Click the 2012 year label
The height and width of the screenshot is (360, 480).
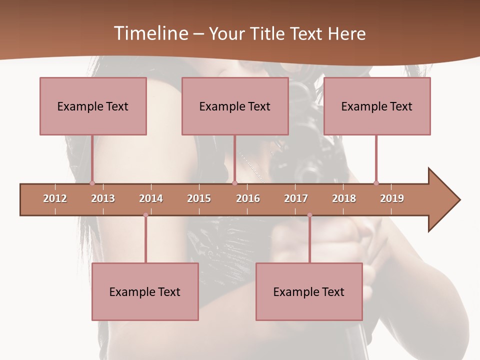(55, 198)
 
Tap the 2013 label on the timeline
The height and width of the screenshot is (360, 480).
(103, 198)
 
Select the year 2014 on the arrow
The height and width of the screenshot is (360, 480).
(151, 198)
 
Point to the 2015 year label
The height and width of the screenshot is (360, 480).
(199, 198)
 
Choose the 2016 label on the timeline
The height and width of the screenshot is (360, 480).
(248, 198)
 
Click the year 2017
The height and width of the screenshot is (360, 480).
(296, 198)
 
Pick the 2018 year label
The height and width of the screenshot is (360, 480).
(344, 198)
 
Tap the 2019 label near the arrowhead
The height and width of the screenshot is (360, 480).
(392, 198)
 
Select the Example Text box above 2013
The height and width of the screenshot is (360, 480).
(93, 106)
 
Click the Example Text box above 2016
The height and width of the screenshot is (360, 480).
(235, 106)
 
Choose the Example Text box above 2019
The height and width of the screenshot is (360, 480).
(377, 106)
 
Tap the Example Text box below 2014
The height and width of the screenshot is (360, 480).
(145, 291)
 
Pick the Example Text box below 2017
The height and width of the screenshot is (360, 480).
(309, 291)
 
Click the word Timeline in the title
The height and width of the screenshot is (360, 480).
(149, 33)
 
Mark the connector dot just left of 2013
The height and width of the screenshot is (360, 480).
(92, 183)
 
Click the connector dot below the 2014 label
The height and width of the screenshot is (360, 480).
(145, 215)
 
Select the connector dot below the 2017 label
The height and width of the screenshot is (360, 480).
(309, 215)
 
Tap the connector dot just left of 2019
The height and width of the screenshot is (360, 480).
(376, 183)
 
